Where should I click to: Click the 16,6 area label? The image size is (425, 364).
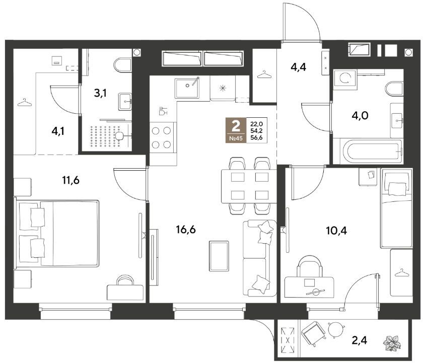coord(186,230)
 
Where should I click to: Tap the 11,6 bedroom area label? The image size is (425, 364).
coord(70,180)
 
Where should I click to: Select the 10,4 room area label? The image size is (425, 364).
coord(336,231)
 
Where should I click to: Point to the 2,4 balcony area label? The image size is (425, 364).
coord(360,340)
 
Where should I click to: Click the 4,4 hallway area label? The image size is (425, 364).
coord(299,66)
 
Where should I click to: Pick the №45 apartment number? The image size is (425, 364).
coord(236,138)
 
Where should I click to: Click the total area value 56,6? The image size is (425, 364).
coord(256,137)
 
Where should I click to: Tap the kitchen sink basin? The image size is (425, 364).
coord(187,88)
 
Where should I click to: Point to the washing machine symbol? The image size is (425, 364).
coord(345,79)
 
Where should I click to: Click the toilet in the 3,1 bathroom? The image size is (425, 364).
coord(122,65)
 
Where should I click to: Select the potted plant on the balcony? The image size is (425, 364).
coord(392,343)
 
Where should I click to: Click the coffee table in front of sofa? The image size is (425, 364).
coord(219,256)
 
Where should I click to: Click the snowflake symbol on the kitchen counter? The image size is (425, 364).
coord(223,88)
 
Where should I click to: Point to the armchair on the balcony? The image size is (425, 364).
coord(314,334)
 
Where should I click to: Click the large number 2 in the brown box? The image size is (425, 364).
coord(236,126)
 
